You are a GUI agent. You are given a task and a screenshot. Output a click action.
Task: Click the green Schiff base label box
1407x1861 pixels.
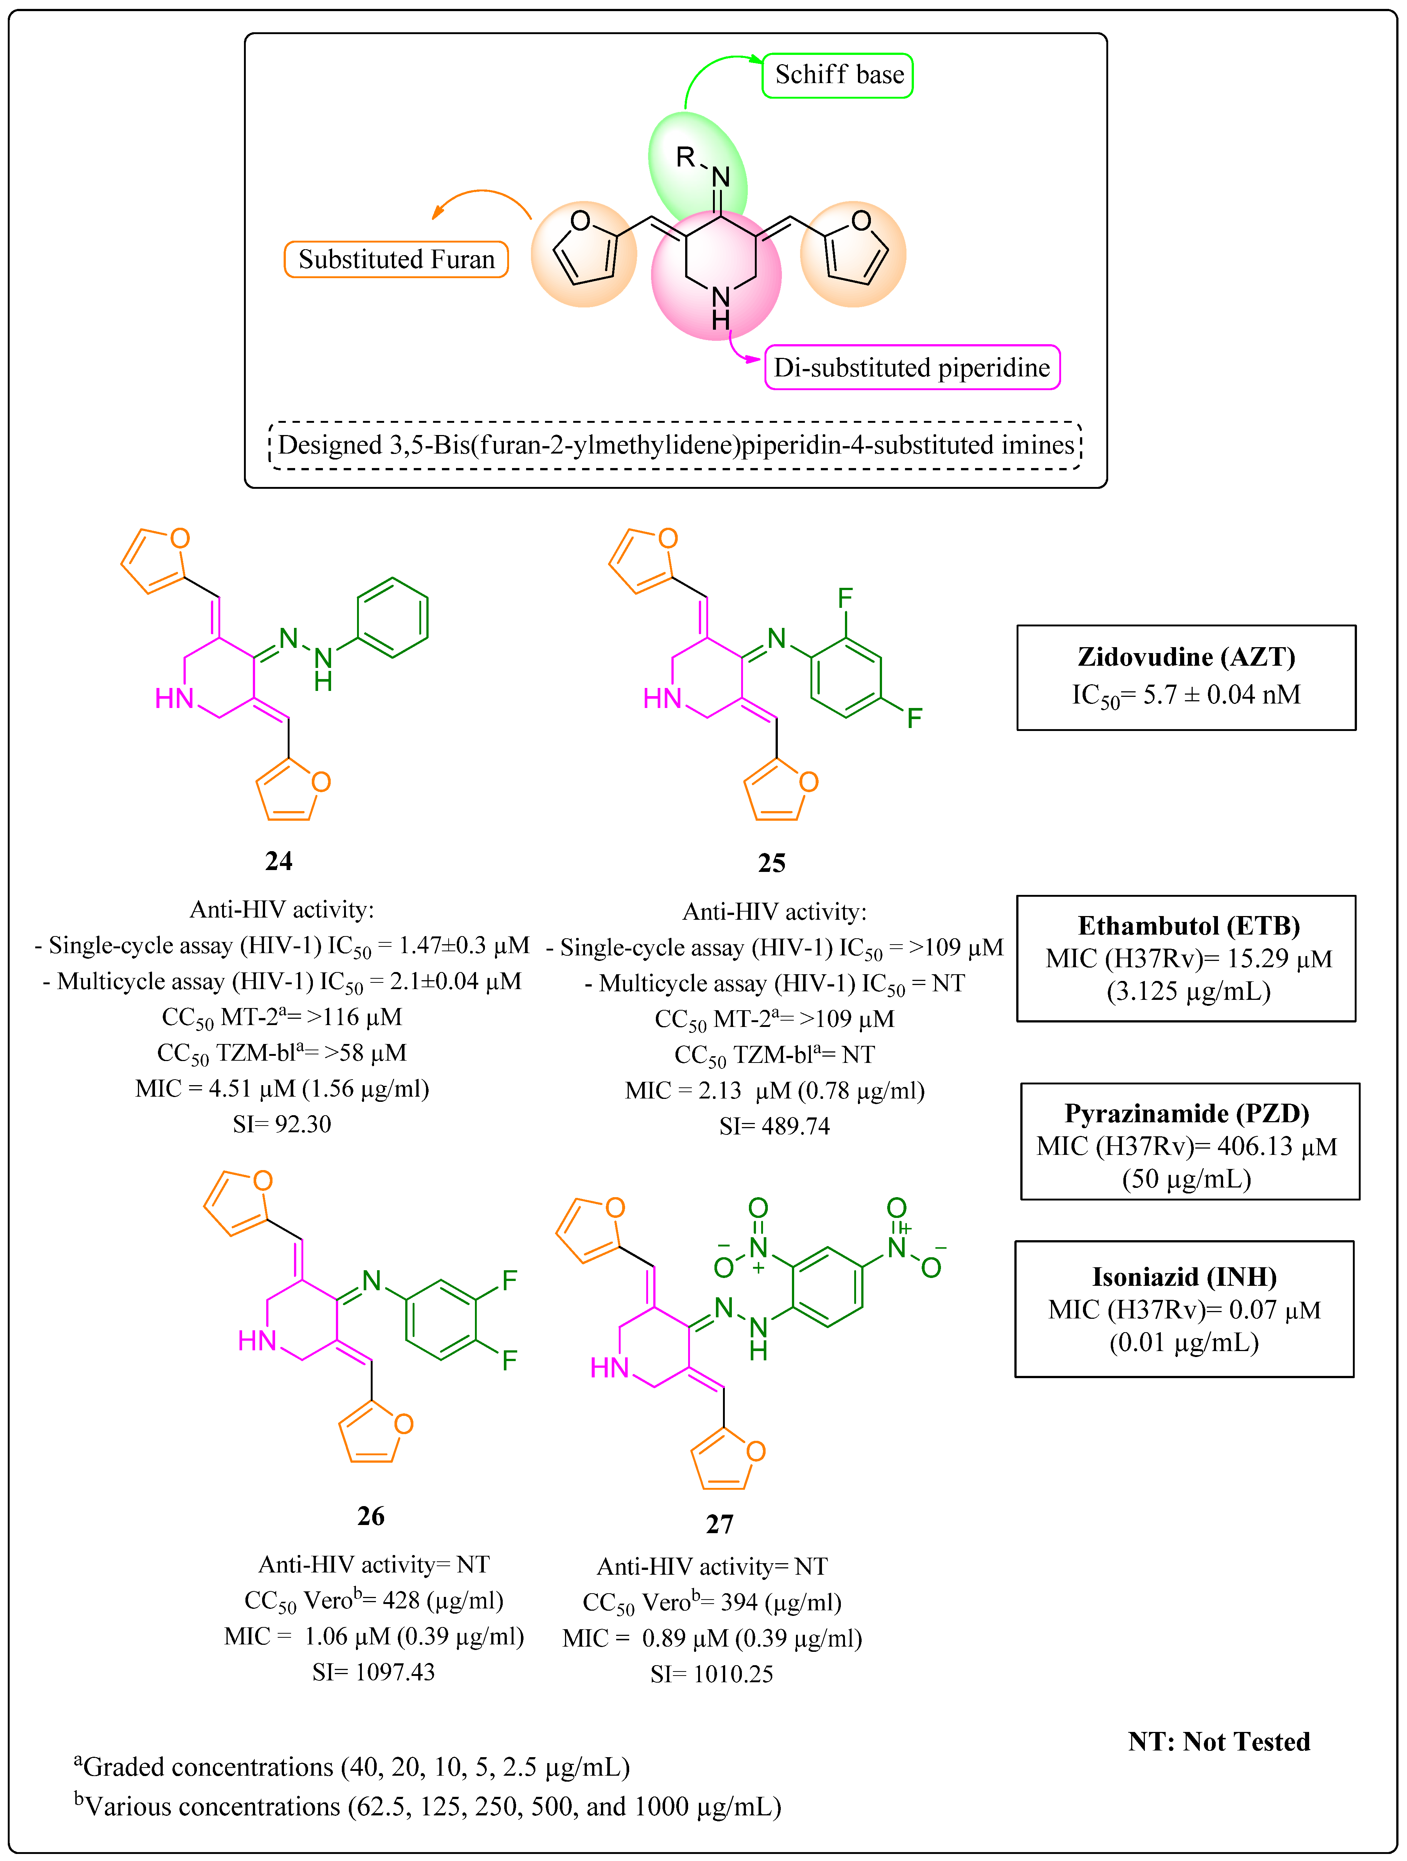(x=838, y=75)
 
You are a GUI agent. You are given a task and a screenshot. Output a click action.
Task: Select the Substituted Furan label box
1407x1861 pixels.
(x=396, y=259)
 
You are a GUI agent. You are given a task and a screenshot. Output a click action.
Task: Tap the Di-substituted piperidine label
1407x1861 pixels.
(x=912, y=368)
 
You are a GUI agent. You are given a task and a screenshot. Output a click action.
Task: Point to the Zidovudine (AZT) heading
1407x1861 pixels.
(x=1186, y=657)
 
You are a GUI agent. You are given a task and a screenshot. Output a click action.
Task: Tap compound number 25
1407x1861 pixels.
(x=771, y=862)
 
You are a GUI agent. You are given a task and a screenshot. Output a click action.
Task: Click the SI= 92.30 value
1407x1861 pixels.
(x=282, y=1124)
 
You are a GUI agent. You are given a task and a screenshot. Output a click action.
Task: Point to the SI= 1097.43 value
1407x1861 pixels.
(x=373, y=1672)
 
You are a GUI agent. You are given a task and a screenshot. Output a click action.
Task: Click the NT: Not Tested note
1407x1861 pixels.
(x=1219, y=1741)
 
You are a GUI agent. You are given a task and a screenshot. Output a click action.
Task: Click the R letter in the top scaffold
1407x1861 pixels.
(x=686, y=157)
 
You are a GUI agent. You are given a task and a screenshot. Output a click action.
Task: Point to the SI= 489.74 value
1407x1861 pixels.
(x=774, y=1126)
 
